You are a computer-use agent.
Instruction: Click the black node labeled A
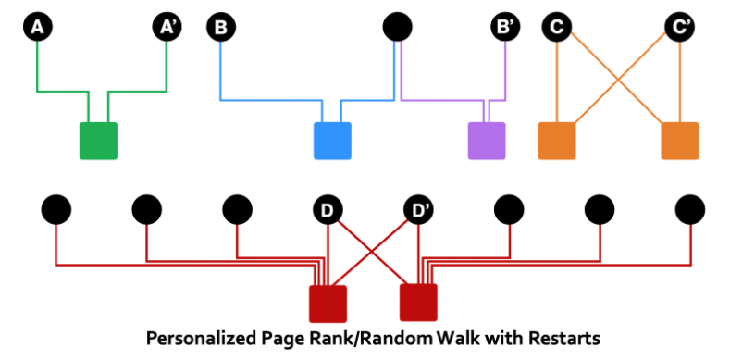coord(37,28)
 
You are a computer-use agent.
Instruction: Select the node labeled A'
coord(167,28)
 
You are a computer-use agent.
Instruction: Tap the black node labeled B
coord(220,28)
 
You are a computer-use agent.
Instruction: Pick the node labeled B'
coord(505,28)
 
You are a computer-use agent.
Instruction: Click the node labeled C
coord(556,28)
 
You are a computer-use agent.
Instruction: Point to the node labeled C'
coord(680,28)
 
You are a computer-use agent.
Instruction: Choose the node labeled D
coord(328,211)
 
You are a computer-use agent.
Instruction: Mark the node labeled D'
coord(418,211)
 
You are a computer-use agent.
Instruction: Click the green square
coord(98,141)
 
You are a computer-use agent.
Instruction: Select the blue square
coord(332,141)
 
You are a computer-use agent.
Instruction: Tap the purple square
coord(486,141)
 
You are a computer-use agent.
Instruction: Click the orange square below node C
coord(556,141)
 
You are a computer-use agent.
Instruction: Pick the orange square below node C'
coord(680,141)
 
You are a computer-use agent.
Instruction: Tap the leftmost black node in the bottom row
coord(56,211)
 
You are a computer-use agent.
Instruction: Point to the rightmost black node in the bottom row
coord(690,211)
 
